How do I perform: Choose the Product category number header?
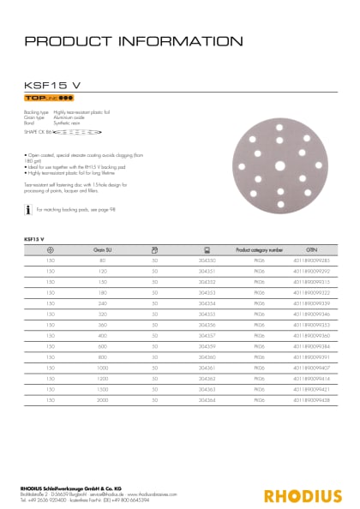pyautogui.click(x=259, y=249)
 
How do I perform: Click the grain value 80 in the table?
pyautogui.click(x=103, y=259)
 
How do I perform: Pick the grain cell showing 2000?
pyautogui.click(x=103, y=399)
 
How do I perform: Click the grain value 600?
pyautogui.click(x=103, y=345)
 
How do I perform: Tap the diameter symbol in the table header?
pyautogui.click(x=51, y=249)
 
